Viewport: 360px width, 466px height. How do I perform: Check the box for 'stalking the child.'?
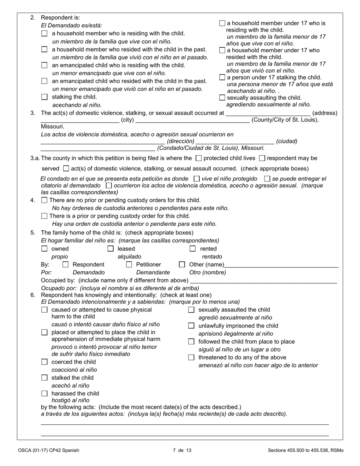(44, 97)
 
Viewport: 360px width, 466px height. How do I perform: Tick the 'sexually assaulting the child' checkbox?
(222, 98)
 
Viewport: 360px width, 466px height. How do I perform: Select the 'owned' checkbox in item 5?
(44, 249)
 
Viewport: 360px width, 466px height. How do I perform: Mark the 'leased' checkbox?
(111, 249)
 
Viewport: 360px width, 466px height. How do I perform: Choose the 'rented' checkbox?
(193, 249)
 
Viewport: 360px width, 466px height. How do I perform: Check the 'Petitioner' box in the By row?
(129, 264)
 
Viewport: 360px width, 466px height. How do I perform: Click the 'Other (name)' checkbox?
(182, 264)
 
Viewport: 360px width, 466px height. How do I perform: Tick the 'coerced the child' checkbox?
(44, 362)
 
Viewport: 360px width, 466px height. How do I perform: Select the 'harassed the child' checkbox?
(44, 394)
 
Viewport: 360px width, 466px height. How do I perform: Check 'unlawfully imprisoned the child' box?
(191, 326)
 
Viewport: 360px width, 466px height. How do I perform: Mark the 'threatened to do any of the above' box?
(191, 357)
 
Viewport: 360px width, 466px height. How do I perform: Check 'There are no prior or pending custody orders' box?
(44, 200)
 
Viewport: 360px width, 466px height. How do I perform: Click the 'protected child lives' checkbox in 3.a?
(199, 158)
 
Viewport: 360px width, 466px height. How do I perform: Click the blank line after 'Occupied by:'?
(263, 281)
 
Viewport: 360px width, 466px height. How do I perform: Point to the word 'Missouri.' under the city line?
(53, 127)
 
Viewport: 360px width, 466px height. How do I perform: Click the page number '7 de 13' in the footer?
(182, 450)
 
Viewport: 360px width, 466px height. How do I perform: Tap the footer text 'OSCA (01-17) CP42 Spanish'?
(49, 450)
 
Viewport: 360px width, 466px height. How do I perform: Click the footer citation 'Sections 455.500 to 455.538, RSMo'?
(305, 450)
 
